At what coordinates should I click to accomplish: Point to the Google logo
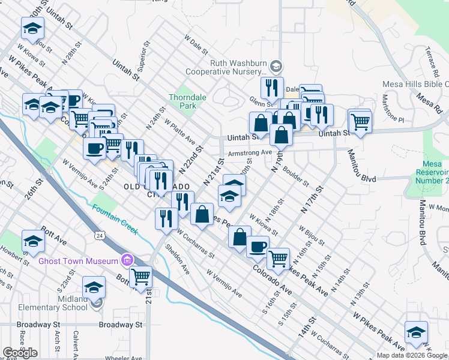[20, 353]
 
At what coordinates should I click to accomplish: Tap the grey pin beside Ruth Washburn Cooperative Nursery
[276, 65]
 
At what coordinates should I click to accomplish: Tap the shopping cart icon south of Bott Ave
[140, 277]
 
